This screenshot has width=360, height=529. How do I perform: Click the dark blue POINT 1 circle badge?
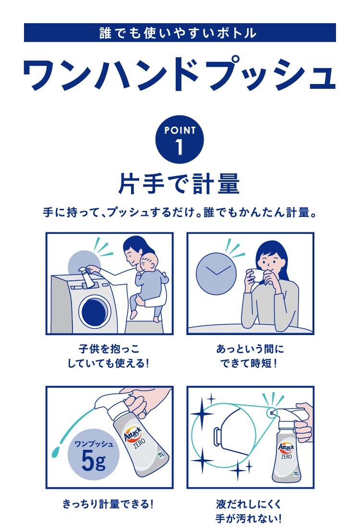point(180,139)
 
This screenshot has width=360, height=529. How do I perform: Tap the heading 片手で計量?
point(179,184)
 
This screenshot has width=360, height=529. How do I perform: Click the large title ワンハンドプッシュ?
point(180,75)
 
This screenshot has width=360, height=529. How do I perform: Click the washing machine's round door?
point(95,312)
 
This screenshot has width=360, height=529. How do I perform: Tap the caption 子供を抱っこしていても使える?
point(108,356)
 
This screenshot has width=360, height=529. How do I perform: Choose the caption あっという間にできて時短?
point(250,356)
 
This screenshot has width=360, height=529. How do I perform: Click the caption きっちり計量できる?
point(108,505)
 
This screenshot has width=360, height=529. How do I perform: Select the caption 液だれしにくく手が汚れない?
point(249,511)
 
